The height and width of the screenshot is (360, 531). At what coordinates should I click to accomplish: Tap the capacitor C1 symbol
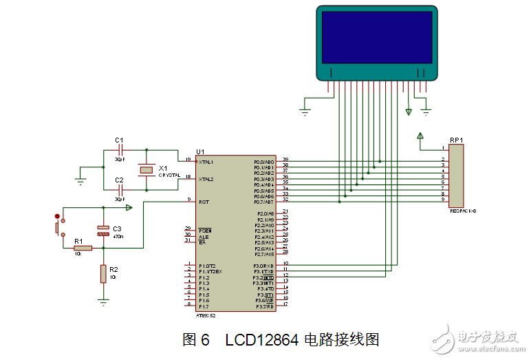point(120,149)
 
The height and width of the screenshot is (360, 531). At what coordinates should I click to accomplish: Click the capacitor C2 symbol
point(120,189)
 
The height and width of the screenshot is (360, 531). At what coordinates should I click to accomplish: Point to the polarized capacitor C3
point(102,231)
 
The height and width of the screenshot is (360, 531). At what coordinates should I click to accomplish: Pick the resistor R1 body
point(83,248)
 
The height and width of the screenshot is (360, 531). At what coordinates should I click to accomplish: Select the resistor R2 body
point(103,274)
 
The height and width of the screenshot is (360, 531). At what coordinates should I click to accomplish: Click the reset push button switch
point(58,226)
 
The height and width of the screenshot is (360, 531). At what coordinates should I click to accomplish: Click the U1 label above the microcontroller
point(200,151)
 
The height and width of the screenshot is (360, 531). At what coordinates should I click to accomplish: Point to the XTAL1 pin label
point(206,162)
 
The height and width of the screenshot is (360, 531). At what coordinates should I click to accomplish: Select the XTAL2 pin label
point(206,179)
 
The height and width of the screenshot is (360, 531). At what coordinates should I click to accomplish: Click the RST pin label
point(204,202)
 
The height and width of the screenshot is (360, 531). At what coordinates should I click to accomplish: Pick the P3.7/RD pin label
point(265,306)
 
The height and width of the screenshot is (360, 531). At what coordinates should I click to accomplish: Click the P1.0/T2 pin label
point(207,266)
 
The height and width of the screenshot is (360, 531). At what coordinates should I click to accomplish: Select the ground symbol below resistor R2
point(103,301)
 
